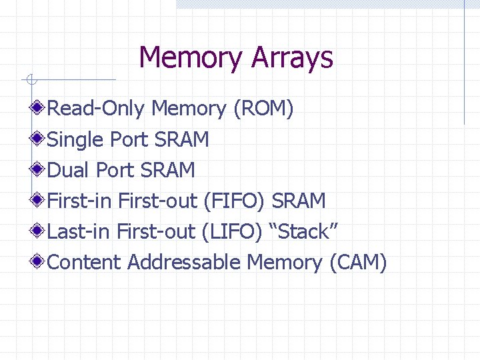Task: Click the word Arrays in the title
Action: tap(292, 59)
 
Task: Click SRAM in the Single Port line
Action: tap(181, 139)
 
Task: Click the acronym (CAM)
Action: tap(358, 263)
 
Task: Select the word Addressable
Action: tap(183, 262)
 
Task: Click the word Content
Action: tap(85, 262)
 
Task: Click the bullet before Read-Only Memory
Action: tap(39, 107)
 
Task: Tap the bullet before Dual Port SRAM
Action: tap(39, 169)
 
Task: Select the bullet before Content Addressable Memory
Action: tap(39, 262)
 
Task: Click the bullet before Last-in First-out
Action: tap(39, 231)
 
